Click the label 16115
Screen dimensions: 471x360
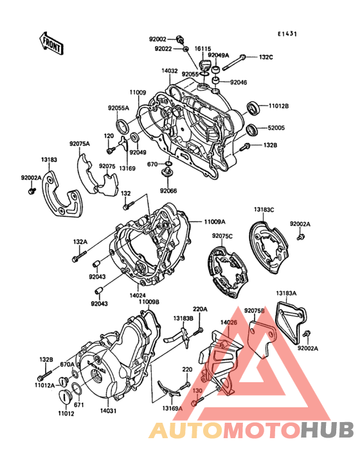(x=203, y=48)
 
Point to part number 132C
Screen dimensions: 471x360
(x=266, y=57)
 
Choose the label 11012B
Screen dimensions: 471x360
(x=278, y=106)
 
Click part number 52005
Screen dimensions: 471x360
(x=276, y=127)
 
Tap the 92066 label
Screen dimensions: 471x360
(x=169, y=191)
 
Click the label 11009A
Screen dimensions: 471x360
(x=217, y=221)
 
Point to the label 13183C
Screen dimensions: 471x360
(x=263, y=210)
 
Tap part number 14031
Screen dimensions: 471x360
(x=108, y=410)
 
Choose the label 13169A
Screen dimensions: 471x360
(x=172, y=409)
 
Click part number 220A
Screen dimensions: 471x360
(x=200, y=309)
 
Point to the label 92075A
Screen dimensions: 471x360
(x=80, y=143)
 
